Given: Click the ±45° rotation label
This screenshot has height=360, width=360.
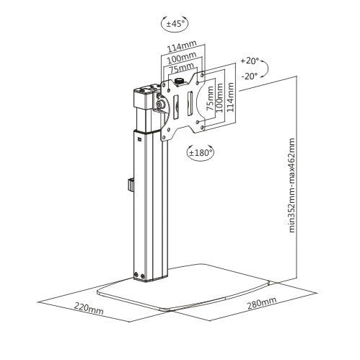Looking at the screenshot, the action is pyautogui.click(x=175, y=24).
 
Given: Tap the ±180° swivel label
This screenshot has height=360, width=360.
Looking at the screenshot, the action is pyautogui.click(x=201, y=152).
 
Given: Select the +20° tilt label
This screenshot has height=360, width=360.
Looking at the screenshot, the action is pyautogui.click(x=250, y=61).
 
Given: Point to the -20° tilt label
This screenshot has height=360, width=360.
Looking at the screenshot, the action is pyautogui.click(x=250, y=76).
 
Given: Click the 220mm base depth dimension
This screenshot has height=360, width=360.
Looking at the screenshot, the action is pyautogui.click(x=89, y=308).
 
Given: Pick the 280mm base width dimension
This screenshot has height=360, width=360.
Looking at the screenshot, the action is pyautogui.click(x=262, y=303).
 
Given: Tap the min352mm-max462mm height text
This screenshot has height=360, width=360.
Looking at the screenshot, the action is pyautogui.click(x=291, y=185).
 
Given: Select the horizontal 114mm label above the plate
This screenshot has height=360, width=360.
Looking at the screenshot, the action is pyautogui.click(x=182, y=46).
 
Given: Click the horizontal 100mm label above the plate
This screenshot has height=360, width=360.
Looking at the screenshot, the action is pyautogui.click(x=182, y=58).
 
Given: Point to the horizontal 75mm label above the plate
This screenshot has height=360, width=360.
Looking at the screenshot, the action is pyautogui.click(x=182, y=69).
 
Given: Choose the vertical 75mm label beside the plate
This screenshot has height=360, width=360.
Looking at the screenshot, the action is pyautogui.click(x=210, y=98).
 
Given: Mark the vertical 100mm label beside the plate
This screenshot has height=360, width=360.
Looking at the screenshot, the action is pyautogui.click(x=220, y=97).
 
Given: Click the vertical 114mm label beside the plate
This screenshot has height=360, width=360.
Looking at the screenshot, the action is pyautogui.click(x=230, y=97).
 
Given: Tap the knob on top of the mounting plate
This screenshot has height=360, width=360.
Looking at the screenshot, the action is pyautogui.click(x=178, y=81).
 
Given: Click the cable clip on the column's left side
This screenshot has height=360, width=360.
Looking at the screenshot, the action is pyautogui.click(x=131, y=185).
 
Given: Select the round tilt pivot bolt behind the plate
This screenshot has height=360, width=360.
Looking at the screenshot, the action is pyautogui.click(x=159, y=105).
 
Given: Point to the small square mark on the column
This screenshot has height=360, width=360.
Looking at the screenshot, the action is pyautogui.click(x=139, y=139).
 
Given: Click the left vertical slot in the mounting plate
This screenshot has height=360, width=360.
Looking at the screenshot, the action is pyautogui.click(x=176, y=107).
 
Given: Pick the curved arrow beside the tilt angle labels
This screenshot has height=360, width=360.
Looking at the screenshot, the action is pyautogui.click(x=265, y=68).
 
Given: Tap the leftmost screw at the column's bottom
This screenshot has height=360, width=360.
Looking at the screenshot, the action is pyautogui.click(x=136, y=274).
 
